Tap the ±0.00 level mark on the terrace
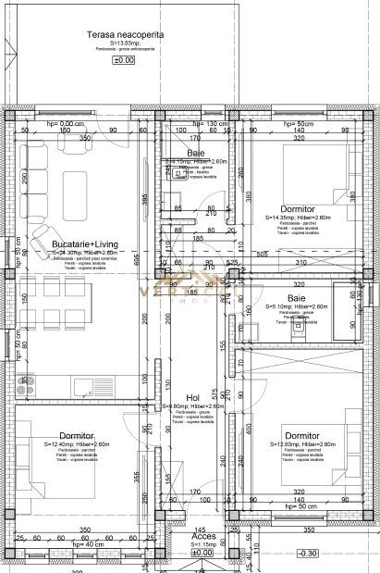pos(123,59)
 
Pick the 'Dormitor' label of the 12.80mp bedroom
pos(302,436)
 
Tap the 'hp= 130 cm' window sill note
pos(209,124)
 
